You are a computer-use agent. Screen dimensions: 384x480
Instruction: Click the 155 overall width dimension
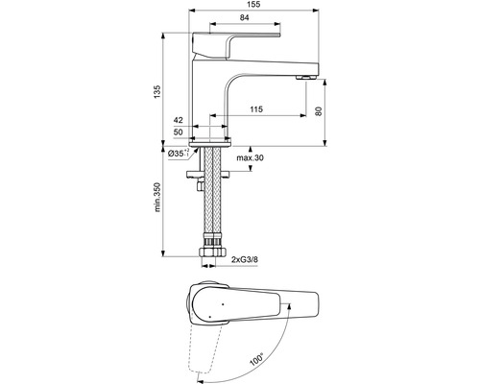tap(252, 7)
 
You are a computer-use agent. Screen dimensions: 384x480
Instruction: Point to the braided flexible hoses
tap(210, 206)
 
